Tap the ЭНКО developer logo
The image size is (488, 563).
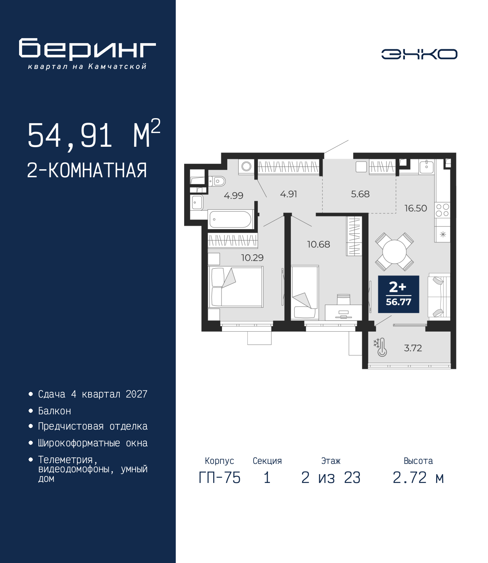point(419,54)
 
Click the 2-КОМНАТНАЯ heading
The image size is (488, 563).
point(87,170)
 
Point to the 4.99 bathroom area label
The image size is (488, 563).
point(233,195)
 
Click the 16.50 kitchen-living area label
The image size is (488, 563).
point(416,209)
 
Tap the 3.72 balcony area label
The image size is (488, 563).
point(413,348)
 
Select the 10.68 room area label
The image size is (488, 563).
point(318,244)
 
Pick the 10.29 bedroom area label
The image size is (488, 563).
point(252,258)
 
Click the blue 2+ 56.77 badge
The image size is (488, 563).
point(398,294)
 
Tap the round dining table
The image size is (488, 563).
point(394,252)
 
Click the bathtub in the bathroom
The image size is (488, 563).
point(231,219)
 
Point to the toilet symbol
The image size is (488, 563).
point(217,181)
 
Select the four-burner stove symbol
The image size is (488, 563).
point(443,210)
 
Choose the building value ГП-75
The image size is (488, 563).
point(219,478)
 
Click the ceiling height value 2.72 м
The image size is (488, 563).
point(418,478)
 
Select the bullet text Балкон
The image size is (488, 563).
point(55,411)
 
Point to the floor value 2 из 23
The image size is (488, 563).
point(331,478)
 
